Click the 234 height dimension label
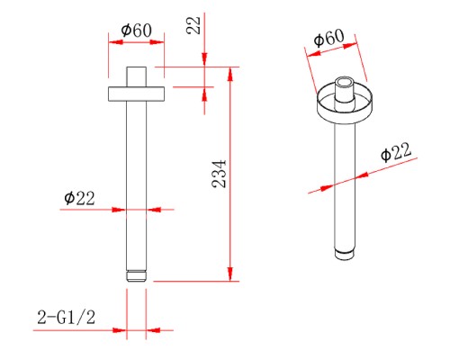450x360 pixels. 219,174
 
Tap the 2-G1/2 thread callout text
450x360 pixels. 67,317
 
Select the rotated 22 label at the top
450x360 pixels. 193,25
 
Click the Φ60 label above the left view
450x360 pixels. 137,31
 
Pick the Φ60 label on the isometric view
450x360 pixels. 328,38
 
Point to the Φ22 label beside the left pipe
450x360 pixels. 79,198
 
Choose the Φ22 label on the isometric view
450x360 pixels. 396,152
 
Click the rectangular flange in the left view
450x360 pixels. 137,94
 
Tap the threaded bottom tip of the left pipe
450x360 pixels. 137,276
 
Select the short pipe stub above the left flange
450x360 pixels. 137,76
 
